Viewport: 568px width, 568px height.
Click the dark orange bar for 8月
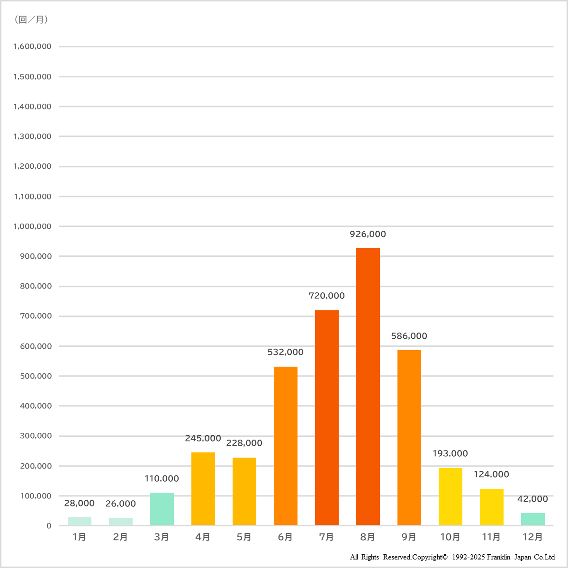368,386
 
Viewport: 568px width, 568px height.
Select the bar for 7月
326,417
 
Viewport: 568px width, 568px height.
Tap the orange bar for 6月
285,445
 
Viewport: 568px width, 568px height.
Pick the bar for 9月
409,437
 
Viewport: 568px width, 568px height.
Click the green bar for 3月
162,509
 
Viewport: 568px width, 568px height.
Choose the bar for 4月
203,488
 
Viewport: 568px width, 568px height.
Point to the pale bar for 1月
79,521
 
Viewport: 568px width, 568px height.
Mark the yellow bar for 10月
450,496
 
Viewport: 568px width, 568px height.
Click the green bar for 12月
532,519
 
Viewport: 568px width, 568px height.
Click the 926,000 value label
368,234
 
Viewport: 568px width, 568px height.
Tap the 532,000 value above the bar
285,352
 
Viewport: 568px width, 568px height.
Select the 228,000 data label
244,443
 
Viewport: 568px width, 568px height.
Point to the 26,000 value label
120,504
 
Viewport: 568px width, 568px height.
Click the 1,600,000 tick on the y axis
32,46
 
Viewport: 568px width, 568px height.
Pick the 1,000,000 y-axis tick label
32,226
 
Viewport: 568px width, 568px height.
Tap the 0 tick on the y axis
49,526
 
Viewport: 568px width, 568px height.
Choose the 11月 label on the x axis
491,537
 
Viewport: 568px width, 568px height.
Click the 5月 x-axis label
244,537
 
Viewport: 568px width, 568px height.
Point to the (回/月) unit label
31,19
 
